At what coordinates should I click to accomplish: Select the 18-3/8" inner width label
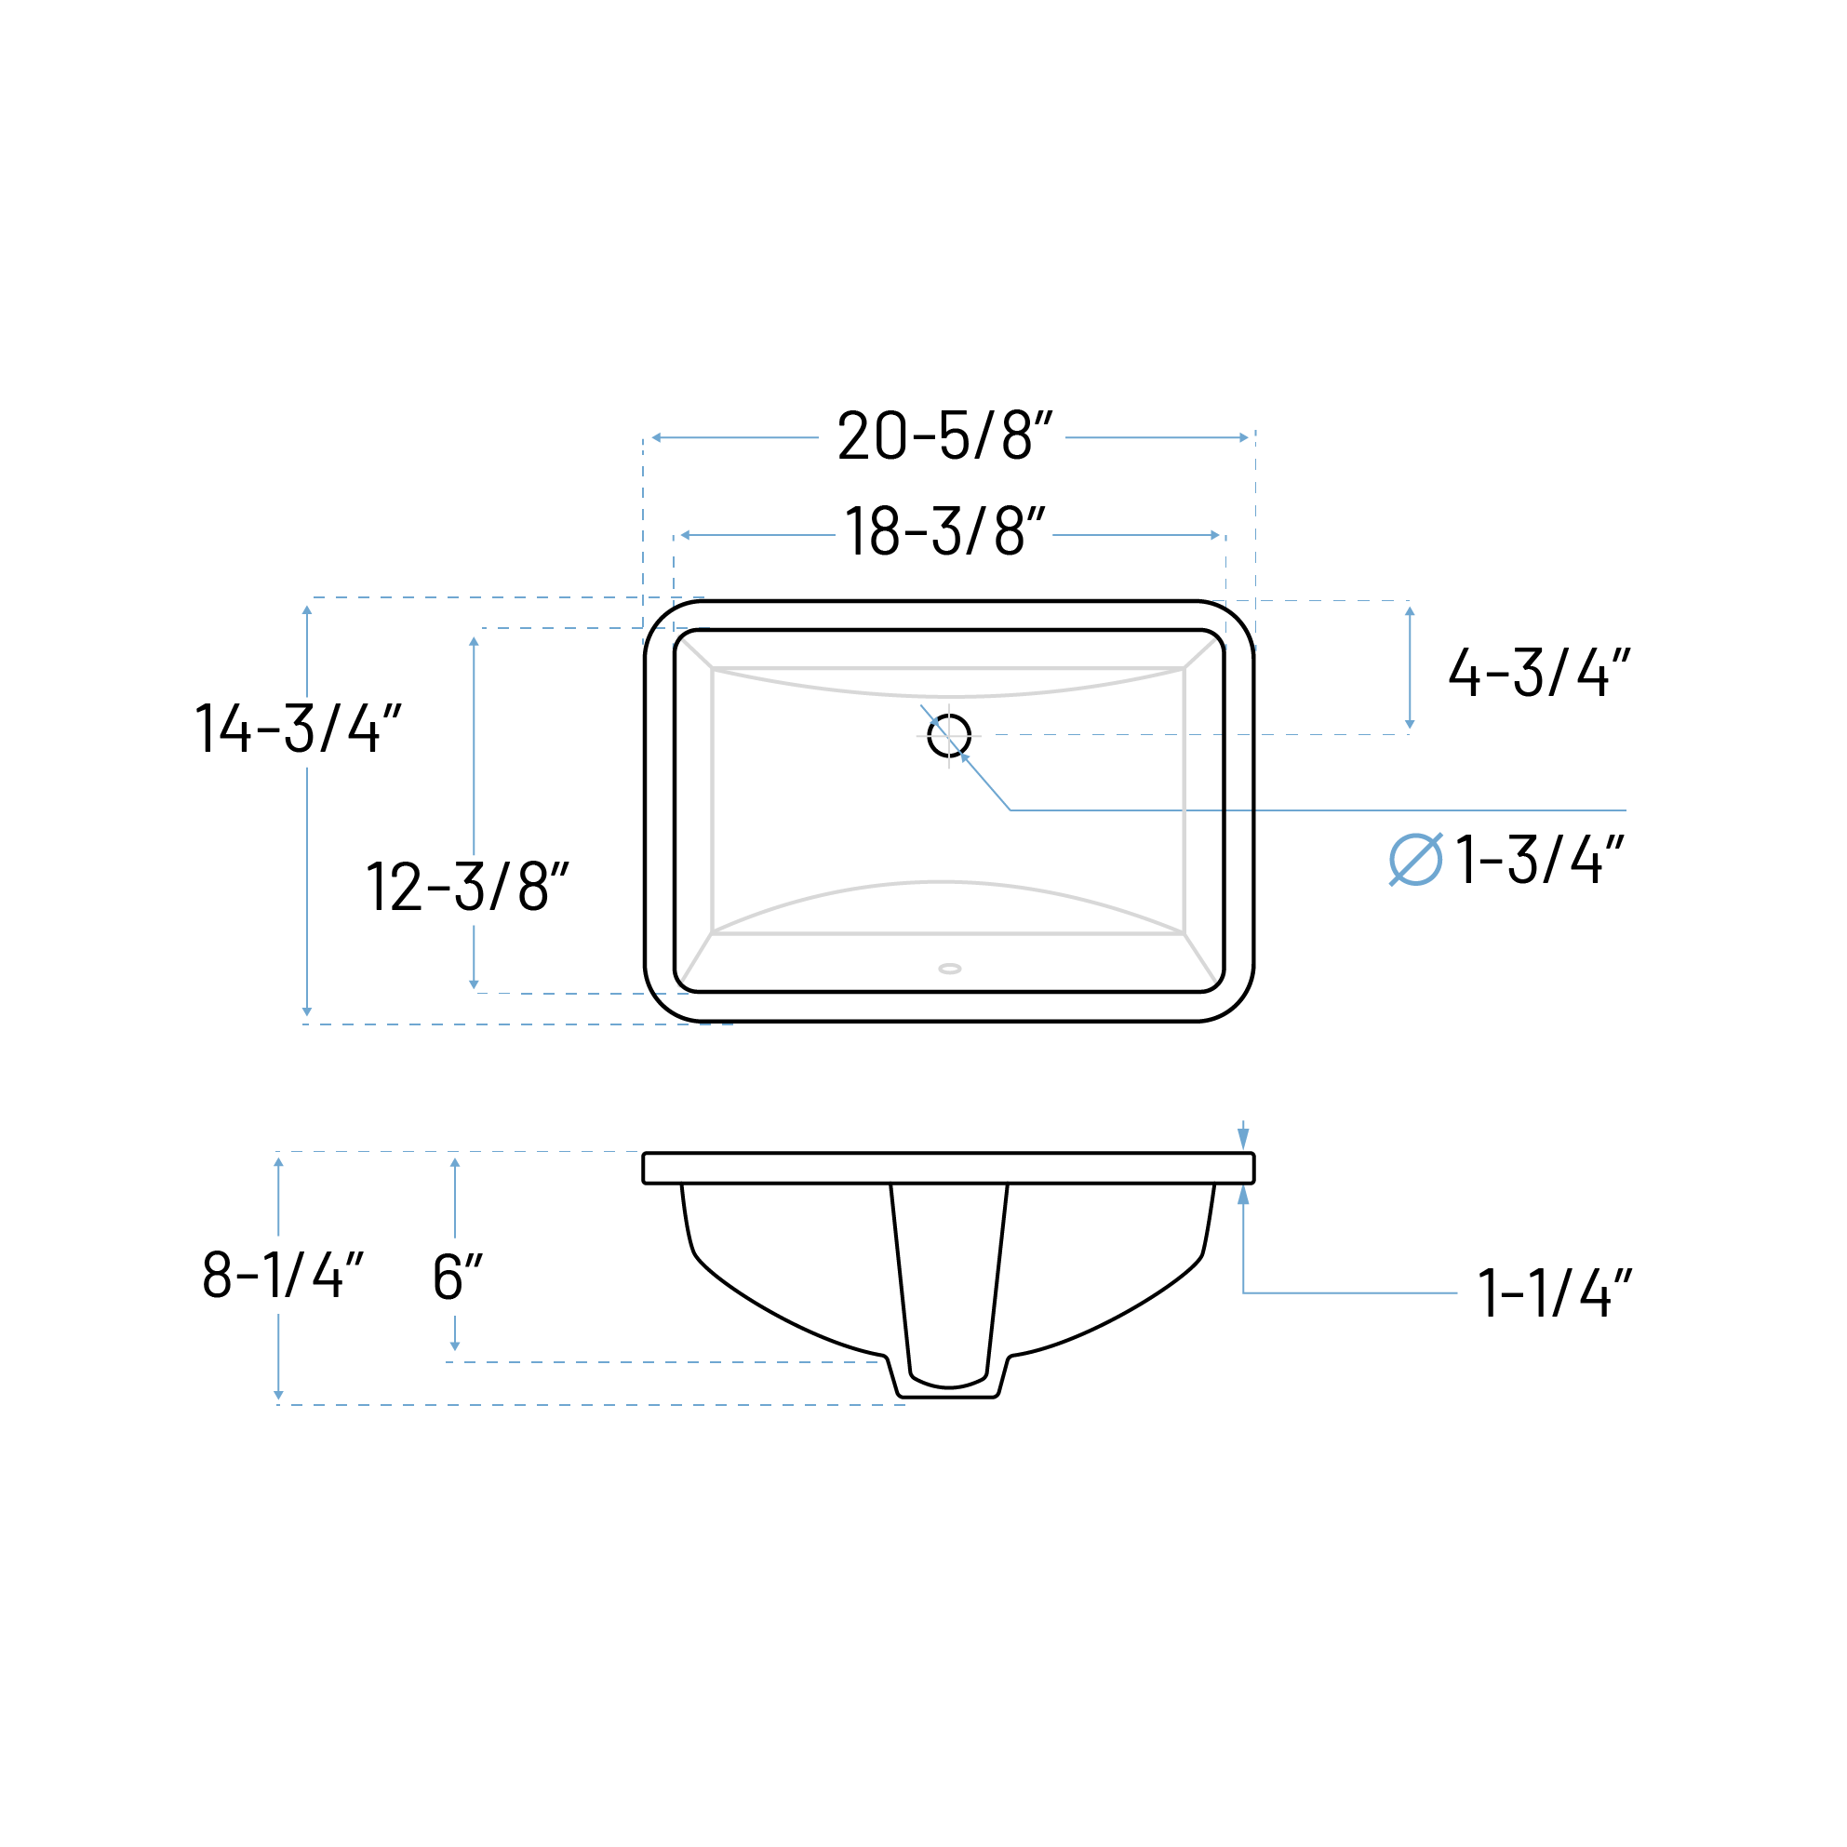pos(944,531)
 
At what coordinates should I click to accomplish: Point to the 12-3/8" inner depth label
pos(467,886)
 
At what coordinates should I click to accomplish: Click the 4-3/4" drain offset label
pos(1539,672)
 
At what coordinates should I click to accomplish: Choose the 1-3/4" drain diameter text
pos(1539,860)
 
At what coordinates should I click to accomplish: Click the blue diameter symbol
pos(1416,860)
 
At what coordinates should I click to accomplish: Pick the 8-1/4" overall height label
pos(283,1275)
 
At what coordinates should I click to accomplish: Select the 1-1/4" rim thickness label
pos(1555,1292)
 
